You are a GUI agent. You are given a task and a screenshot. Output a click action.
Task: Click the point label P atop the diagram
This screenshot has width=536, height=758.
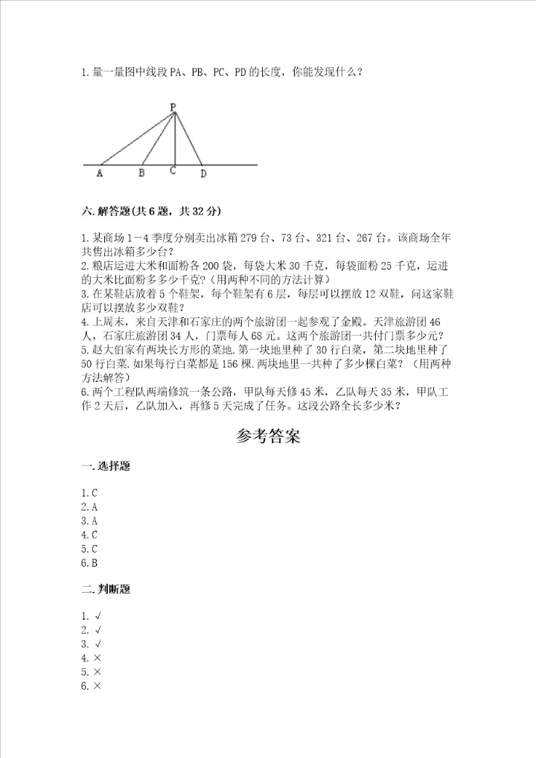(173, 107)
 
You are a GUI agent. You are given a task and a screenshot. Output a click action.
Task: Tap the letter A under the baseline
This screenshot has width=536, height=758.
(100, 173)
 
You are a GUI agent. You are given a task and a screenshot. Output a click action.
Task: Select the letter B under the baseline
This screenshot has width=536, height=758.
(141, 173)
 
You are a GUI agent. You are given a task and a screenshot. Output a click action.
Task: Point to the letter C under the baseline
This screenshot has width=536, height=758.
(173, 171)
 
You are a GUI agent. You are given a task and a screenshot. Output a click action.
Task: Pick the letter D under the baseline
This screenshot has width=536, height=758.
(202, 173)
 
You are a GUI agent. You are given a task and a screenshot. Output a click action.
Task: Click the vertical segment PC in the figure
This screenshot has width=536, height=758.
(173, 141)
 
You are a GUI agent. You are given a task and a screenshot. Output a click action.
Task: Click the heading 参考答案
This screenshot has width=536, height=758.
(268, 437)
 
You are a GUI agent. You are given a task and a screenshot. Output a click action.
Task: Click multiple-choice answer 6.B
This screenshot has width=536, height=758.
(90, 562)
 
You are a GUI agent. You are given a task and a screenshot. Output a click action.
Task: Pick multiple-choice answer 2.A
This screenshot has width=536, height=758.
(90, 506)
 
